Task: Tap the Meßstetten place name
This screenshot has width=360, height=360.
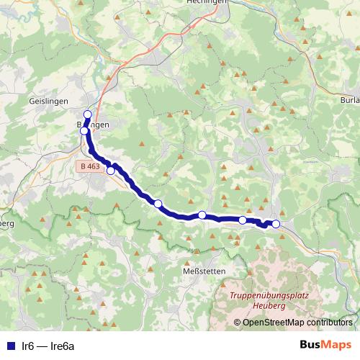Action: tap(204, 271)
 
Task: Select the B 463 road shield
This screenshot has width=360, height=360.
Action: tap(89, 166)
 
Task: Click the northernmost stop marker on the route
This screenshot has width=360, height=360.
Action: tap(88, 114)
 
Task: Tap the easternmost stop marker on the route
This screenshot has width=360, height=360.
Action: tap(276, 224)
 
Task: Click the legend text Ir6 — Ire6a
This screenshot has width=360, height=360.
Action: tap(49, 346)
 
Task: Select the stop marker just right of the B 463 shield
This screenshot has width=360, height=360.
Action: tap(111, 170)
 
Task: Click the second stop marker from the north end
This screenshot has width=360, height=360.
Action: tap(84, 131)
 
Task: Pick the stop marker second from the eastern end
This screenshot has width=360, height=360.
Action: tap(243, 220)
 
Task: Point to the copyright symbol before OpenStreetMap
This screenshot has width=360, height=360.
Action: tap(238, 323)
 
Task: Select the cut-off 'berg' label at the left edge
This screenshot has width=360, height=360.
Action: tap(7, 223)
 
